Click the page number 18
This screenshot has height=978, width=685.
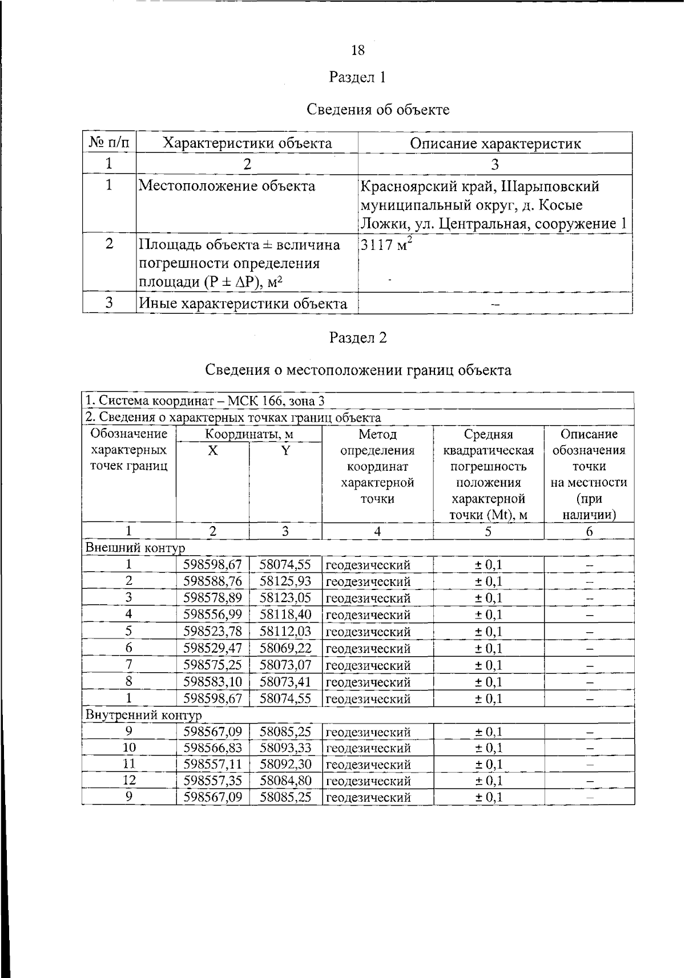358,50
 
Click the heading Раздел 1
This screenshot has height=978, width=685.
358,77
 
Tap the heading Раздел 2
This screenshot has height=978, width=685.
358,338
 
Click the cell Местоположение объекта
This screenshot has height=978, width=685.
227,186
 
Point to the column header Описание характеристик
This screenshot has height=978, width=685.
495,143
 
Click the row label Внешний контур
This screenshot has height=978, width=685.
135,548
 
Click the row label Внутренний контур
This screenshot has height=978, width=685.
143,715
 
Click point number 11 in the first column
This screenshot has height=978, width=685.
129,764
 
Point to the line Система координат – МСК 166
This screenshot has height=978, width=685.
205,401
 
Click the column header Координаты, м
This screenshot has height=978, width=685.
249,434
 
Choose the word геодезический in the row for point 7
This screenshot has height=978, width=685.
368,665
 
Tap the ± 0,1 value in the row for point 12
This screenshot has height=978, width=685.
489,781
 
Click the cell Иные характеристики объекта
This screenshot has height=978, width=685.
243,304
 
